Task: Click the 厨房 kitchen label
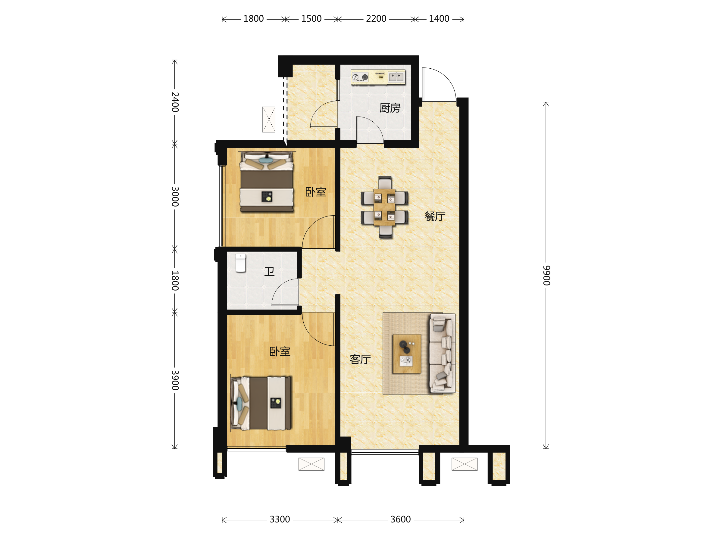(390, 108)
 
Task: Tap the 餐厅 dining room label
(435, 216)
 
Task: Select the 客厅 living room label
(360, 359)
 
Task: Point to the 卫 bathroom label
(269, 272)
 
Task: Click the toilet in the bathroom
(241, 263)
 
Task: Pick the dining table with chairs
(384, 207)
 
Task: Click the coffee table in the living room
(407, 354)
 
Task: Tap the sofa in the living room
(443, 353)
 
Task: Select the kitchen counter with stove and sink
(378, 77)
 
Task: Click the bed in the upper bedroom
(267, 182)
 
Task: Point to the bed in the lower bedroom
(261, 403)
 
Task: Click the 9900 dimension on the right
(546, 276)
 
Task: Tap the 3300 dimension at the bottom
(280, 519)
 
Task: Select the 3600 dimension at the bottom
(401, 519)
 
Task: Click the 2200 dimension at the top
(376, 19)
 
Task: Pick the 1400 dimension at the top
(439, 19)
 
